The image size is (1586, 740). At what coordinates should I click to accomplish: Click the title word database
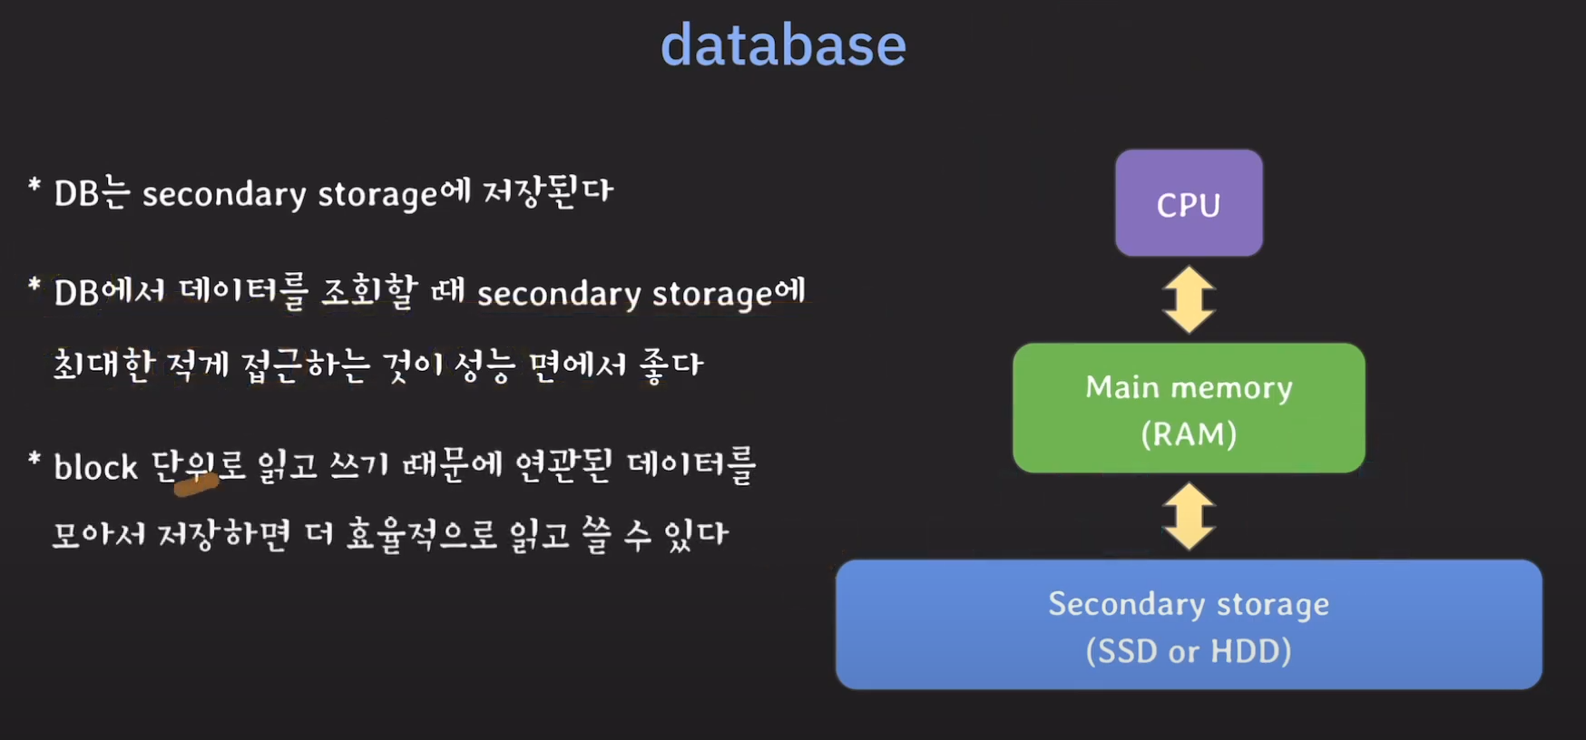point(783,45)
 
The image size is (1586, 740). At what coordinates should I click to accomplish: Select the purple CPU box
point(1189,203)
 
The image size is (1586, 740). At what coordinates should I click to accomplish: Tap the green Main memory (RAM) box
point(1189,407)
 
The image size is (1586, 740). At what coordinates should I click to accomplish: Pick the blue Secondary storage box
point(1189,625)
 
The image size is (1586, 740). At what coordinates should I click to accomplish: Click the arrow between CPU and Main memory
point(1189,299)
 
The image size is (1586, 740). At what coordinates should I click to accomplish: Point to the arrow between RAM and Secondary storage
point(1189,516)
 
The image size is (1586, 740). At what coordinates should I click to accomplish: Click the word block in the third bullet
point(95,467)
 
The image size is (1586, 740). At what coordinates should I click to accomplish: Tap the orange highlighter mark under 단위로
point(196,486)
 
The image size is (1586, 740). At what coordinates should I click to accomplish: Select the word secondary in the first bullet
point(224,194)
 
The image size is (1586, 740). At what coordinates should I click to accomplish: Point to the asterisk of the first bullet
point(34,187)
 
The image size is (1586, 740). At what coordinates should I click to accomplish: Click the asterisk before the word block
point(34,460)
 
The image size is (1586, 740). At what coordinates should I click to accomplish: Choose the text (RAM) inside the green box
point(1189,434)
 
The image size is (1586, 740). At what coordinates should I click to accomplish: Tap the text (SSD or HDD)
point(1189,651)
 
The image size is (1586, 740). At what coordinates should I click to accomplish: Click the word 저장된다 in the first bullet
point(548,191)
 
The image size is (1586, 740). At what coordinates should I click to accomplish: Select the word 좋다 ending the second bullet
point(671,365)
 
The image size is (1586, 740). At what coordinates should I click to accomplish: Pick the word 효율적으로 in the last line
point(422,535)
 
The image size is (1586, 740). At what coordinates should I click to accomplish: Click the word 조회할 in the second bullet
point(369,292)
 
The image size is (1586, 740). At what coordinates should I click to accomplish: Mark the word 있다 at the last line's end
point(696,535)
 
